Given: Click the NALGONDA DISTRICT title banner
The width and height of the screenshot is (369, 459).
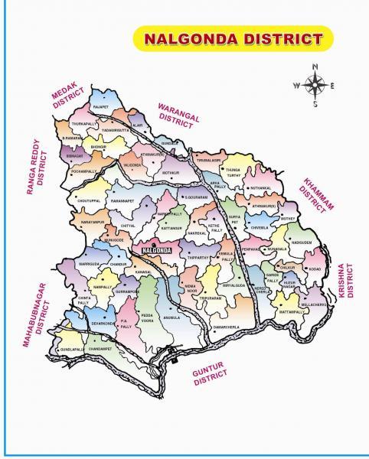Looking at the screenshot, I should click(x=228, y=37).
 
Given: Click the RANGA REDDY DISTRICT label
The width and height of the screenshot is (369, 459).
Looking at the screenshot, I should click(x=37, y=172).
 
